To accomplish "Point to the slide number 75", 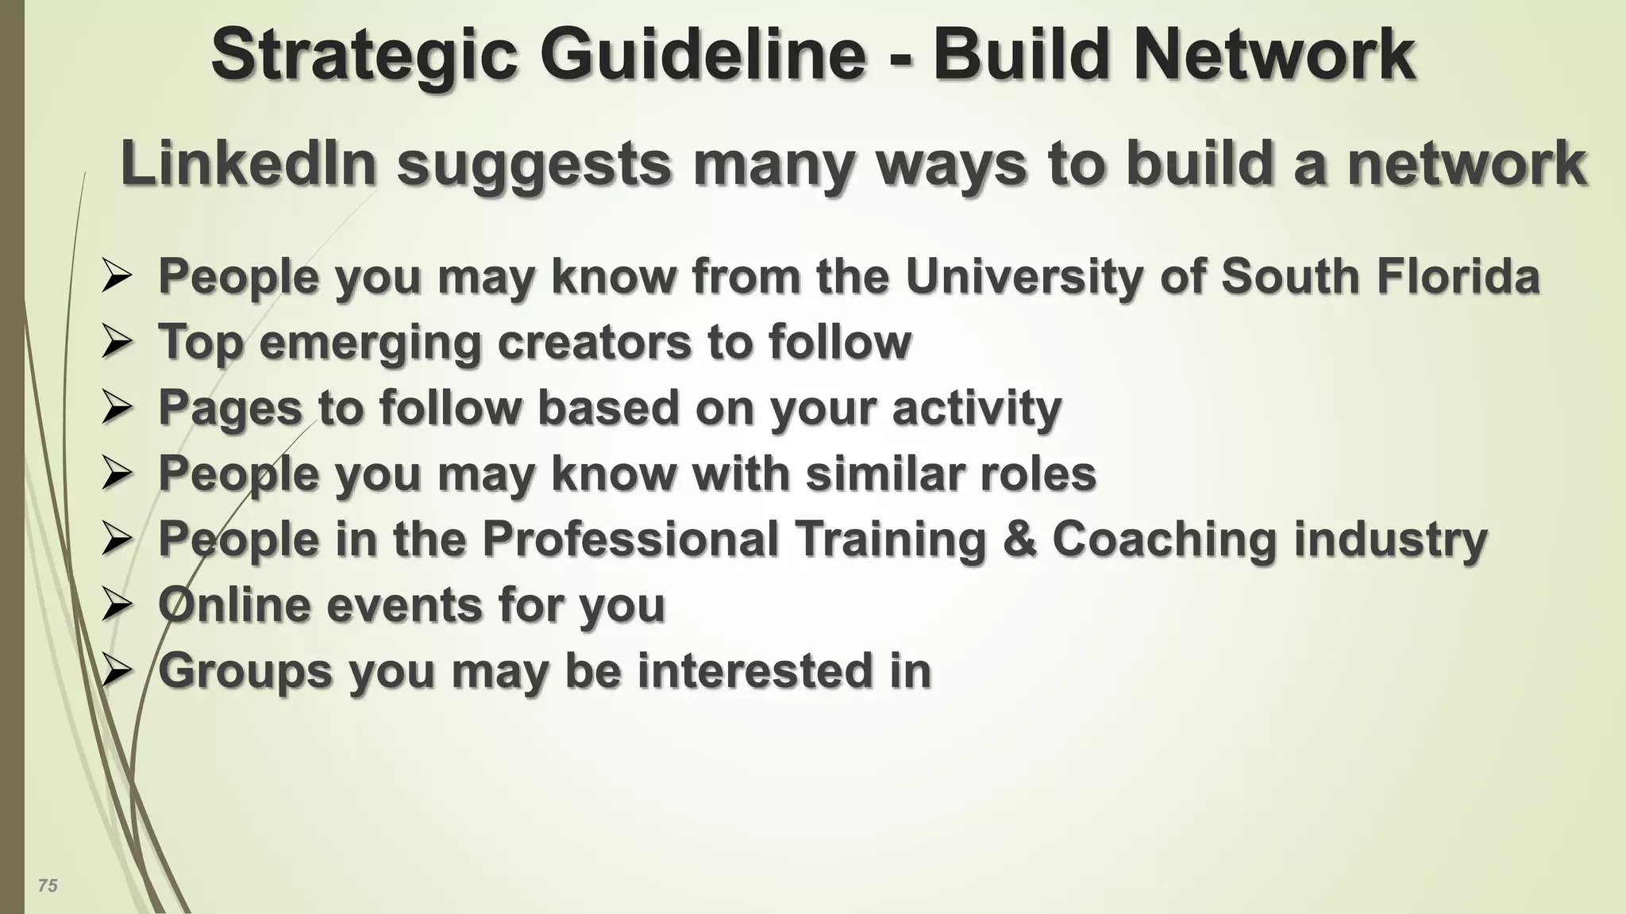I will point(48,885).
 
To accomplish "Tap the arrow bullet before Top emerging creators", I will point(117,343).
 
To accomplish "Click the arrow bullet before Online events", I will point(117,606).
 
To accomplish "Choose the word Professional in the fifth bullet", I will point(630,539).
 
